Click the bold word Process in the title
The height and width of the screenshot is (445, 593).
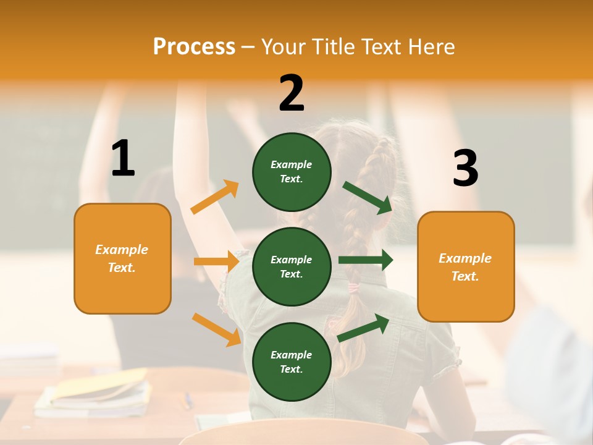pos(194,47)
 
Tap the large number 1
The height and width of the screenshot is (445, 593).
pos(123,159)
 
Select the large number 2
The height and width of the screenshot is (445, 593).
pos(292,94)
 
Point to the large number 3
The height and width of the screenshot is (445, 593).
pos(465,168)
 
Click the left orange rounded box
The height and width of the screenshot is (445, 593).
pos(122,258)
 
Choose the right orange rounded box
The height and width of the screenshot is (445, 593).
pos(466,266)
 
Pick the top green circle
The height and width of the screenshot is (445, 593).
pos(292,171)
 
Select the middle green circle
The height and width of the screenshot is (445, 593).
pos(292,266)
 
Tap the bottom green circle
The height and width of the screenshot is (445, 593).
pos(292,362)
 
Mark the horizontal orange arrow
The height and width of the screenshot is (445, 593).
pos(216,261)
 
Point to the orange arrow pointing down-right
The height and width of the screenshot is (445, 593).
pos(217,329)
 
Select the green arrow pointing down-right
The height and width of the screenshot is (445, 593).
pos(368,197)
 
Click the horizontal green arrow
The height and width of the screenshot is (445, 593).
pos(366,260)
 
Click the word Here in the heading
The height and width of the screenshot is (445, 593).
pos(432,47)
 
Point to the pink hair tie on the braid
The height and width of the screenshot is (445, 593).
pos(354,287)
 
